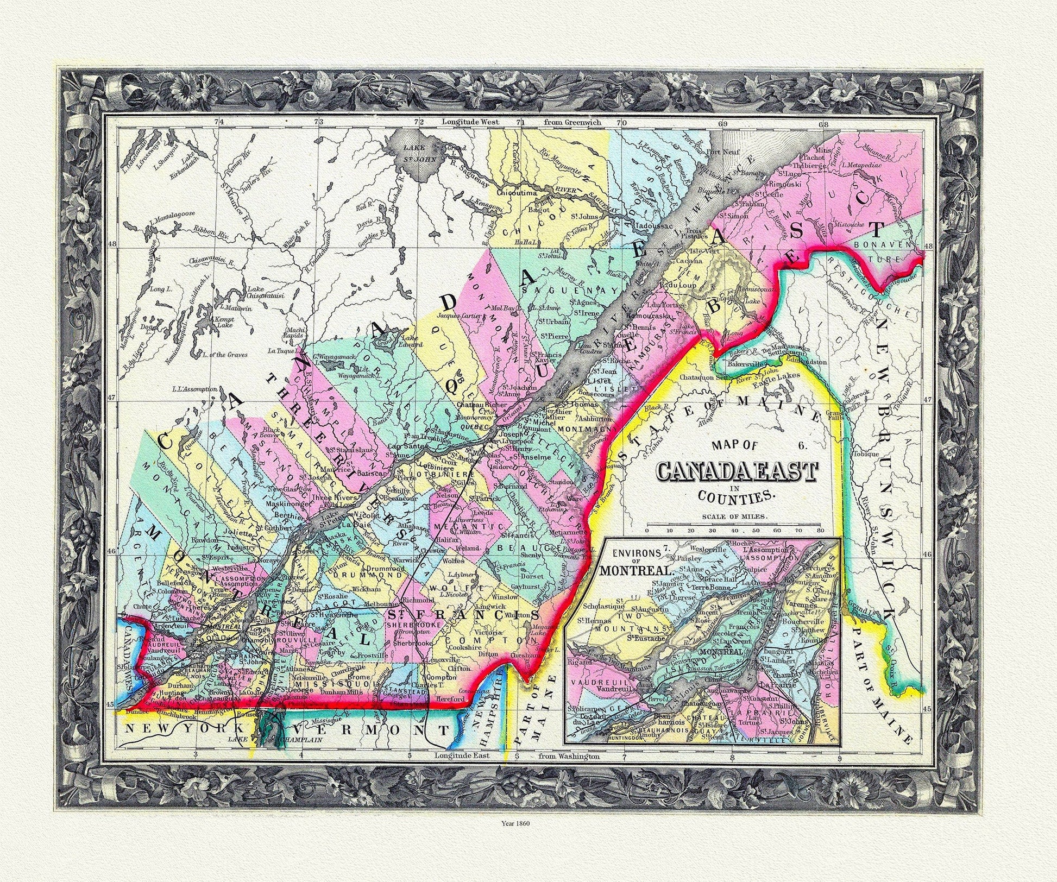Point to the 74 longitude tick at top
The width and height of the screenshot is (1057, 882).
click(219, 123)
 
